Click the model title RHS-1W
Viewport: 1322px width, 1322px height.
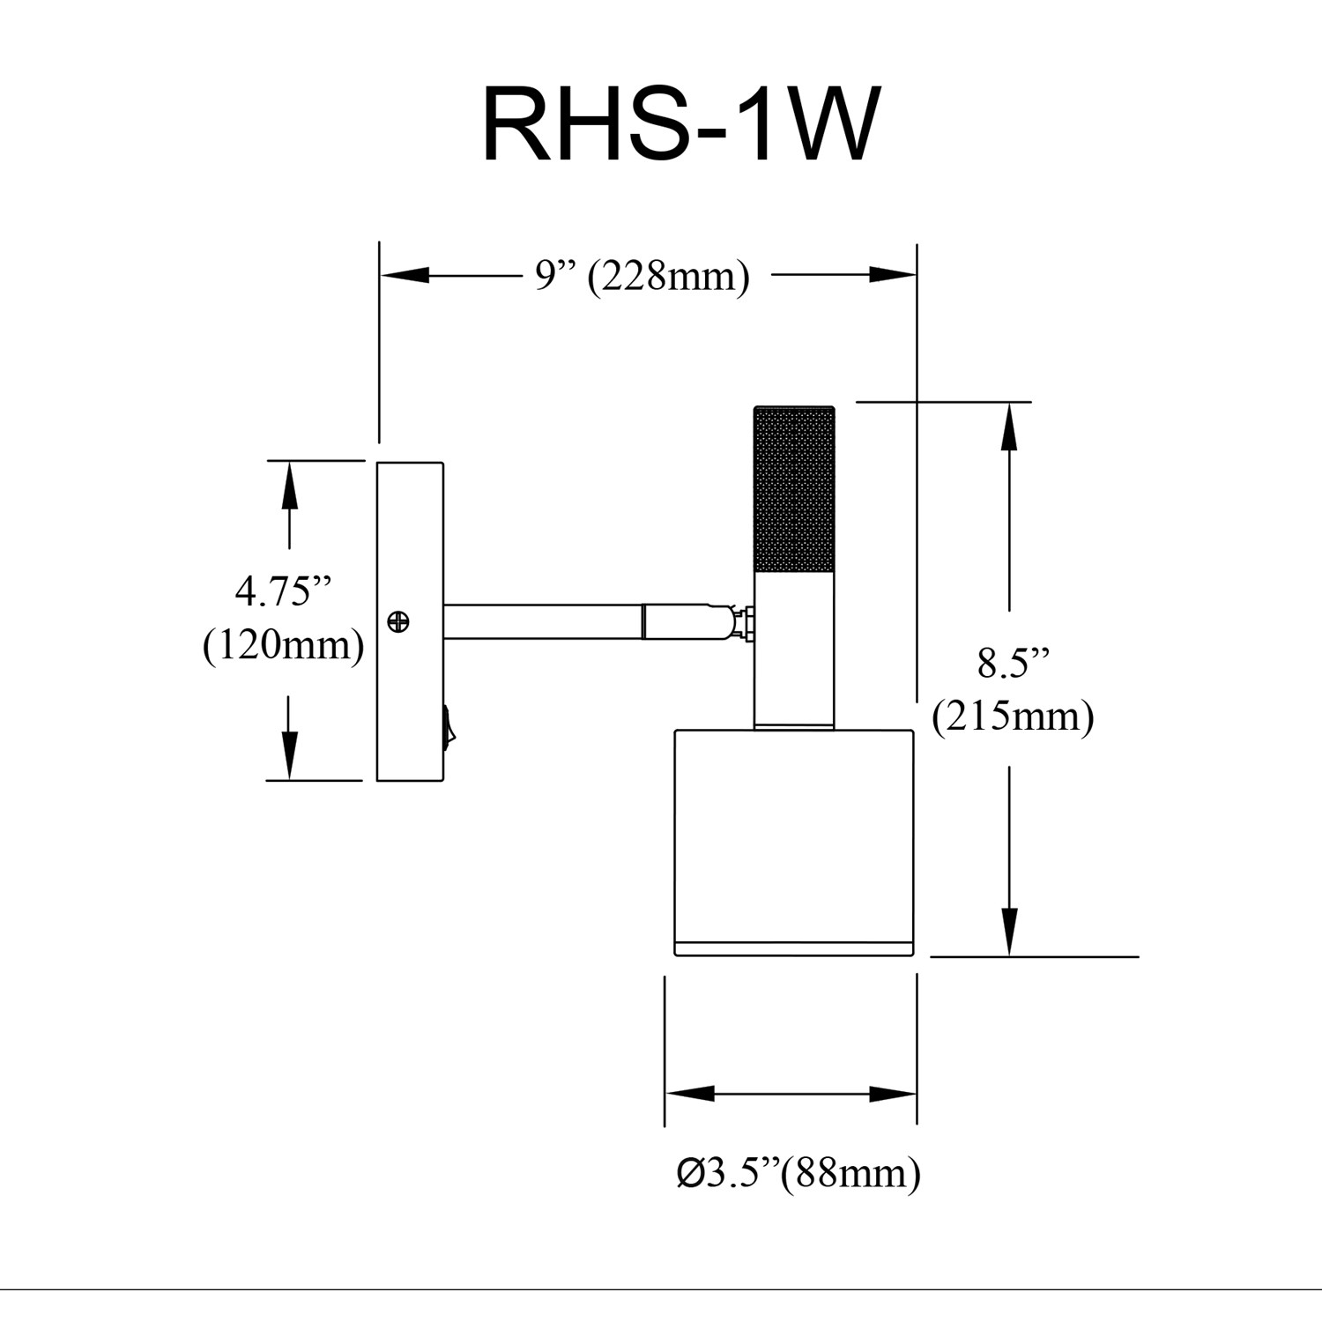680,126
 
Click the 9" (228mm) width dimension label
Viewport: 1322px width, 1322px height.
642,276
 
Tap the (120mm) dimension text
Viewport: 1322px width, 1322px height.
284,645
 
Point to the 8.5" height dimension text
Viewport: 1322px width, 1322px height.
1014,663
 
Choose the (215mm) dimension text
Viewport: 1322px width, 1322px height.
1014,716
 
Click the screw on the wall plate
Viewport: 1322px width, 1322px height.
398,622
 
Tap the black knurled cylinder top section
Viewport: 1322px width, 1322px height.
794,489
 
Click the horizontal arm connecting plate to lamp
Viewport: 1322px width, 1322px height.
543,621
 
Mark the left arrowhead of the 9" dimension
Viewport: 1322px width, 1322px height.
405,276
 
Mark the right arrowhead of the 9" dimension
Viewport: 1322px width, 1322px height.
893,276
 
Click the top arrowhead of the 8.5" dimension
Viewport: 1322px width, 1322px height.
1009,427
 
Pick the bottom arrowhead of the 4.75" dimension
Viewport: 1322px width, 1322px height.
289,756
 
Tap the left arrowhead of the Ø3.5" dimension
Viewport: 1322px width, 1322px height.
689,1095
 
